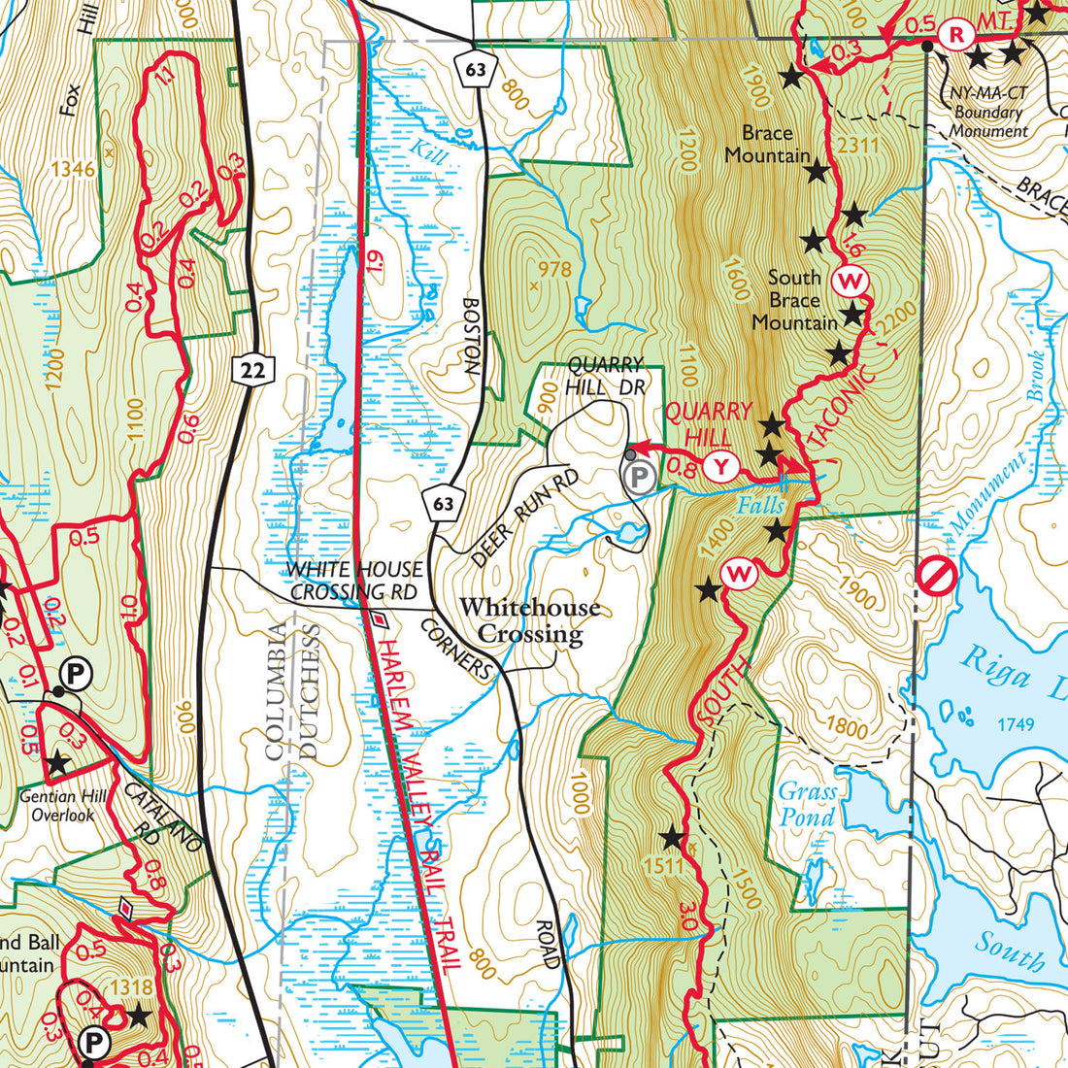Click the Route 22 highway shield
254,368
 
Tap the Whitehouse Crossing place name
530,620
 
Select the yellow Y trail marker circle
719,467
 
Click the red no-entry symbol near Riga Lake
937,577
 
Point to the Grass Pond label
807,804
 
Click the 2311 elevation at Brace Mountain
857,146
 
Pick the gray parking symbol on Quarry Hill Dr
637,477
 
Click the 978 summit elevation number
554,269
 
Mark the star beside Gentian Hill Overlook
57,764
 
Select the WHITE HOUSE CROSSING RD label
353,581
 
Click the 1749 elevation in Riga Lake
1014,724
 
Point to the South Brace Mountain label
794,299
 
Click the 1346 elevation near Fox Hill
74,170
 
